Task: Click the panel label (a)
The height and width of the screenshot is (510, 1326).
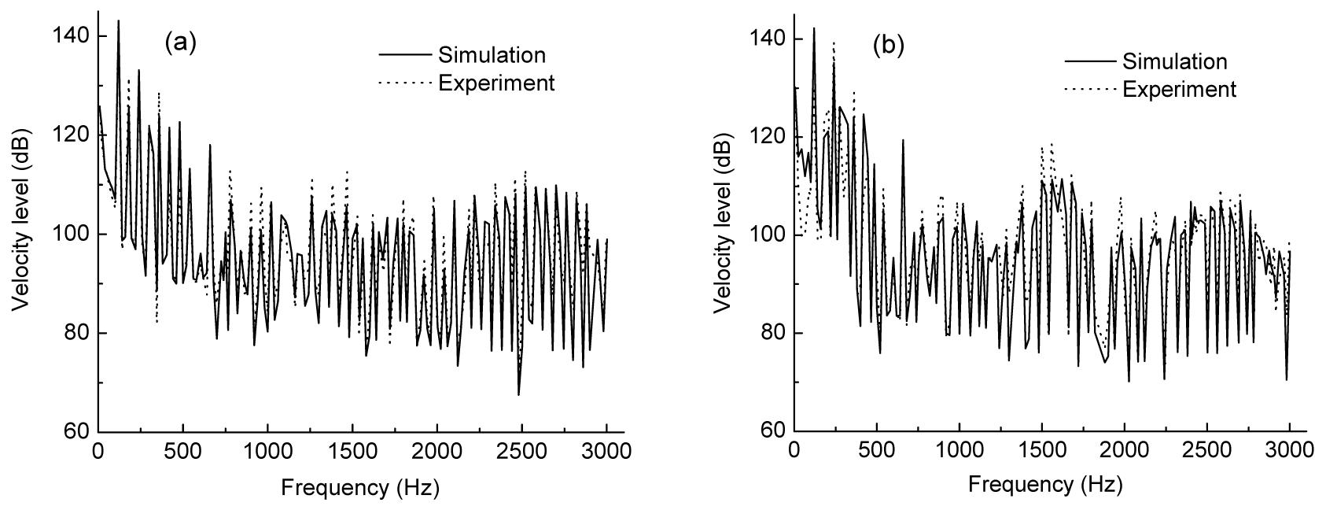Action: pos(179,43)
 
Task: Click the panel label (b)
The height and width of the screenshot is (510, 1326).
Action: pos(889,46)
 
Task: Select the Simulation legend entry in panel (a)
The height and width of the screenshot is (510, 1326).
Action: pos(492,55)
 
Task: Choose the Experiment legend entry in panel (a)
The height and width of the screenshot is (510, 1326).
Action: pos(496,83)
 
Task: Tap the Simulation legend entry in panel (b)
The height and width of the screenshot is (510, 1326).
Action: pos(1174,61)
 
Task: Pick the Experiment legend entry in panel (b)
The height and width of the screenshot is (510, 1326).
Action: pos(1179,89)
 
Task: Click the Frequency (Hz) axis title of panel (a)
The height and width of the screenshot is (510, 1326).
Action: pos(359,488)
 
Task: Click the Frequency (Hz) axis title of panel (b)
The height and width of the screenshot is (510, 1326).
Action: pos(1046,484)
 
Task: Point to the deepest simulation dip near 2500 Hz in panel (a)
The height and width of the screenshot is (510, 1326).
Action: pos(518,394)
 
